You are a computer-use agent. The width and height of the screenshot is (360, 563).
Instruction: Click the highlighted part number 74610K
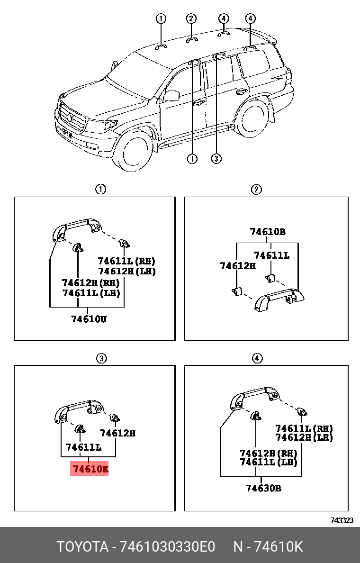click(x=90, y=469)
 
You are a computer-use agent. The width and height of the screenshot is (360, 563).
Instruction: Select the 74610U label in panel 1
click(x=89, y=319)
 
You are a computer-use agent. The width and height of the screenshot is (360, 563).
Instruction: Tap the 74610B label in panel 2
click(x=268, y=232)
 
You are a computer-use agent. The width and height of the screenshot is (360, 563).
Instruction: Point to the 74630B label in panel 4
click(x=263, y=488)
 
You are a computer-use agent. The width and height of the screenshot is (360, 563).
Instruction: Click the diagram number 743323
click(x=342, y=520)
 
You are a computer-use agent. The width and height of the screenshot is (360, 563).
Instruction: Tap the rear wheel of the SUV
click(x=252, y=118)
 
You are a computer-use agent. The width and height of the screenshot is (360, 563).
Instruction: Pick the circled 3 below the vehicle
click(x=216, y=159)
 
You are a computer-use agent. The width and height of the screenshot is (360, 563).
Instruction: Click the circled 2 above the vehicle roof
click(x=190, y=18)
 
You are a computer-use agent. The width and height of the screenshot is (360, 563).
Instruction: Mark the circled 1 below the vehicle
click(x=192, y=159)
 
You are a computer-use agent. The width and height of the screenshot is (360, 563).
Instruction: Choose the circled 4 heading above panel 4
click(x=256, y=358)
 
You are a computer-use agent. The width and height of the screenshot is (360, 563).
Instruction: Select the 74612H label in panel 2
click(x=238, y=266)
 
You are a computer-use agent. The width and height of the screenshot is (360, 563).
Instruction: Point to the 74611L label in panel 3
click(x=83, y=447)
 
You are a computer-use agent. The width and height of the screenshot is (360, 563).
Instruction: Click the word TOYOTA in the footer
click(x=82, y=547)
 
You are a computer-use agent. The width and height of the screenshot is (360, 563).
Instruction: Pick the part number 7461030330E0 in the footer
click(x=168, y=547)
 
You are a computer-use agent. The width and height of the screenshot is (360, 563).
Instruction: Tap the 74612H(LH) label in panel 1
click(x=126, y=272)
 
